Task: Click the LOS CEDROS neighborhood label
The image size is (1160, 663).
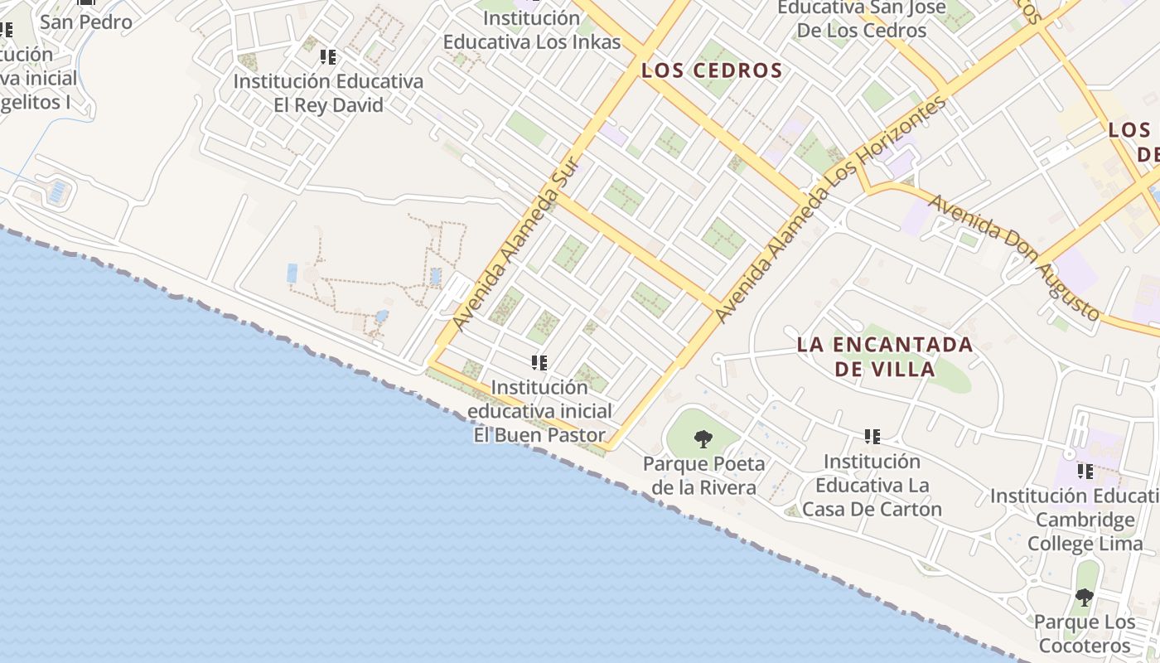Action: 712,70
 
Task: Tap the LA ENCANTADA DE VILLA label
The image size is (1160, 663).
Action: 884,356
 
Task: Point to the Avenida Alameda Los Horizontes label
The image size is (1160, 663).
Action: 830,209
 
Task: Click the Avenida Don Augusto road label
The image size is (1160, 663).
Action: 1014,258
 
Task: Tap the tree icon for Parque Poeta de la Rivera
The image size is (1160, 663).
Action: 703,438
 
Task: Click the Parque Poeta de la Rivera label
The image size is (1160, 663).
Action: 703,476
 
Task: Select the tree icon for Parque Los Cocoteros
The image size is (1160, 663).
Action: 1084,597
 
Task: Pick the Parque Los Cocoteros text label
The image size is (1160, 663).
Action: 1084,634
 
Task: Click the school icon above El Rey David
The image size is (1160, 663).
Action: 328,57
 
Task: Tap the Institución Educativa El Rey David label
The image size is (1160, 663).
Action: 328,94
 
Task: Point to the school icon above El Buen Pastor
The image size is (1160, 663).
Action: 539,362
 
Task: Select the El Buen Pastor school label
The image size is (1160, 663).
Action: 539,411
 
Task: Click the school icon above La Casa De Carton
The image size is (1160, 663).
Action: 872,436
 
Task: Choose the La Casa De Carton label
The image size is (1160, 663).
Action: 872,485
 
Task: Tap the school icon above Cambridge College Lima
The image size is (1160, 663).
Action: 1085,472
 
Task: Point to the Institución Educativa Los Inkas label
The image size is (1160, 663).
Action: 531,30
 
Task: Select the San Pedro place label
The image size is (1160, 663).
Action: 85,22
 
